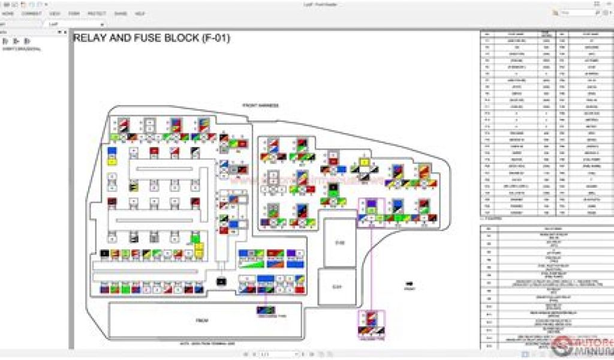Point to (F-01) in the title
pos(216,38)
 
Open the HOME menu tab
pos(8,13)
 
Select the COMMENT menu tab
pos(31,13)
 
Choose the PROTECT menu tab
pos(97,13)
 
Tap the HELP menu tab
pos(140,13)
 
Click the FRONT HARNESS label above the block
pos(260,106)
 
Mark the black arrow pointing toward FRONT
pos(410,283)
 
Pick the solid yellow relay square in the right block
pos(363,163)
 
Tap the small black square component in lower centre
pos(221,281)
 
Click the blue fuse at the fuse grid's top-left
pos(112,151)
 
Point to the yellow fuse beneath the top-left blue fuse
pos(112,161)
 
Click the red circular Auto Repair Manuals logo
pos(562,346)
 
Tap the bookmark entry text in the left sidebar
pos(22,49)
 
